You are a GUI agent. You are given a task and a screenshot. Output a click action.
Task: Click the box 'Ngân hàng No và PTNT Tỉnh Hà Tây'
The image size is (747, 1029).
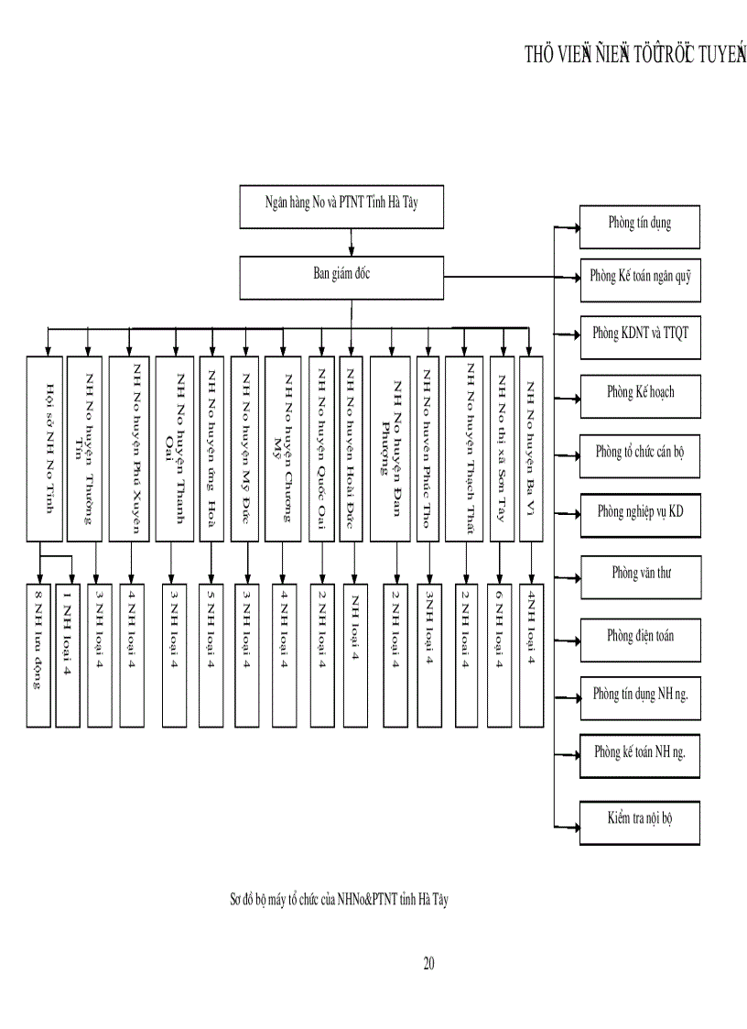pos(341,206)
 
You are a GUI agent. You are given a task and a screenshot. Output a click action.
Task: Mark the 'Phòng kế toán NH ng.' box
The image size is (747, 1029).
pos(639,754)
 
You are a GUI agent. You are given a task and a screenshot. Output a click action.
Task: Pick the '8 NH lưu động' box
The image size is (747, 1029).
pos(38,653)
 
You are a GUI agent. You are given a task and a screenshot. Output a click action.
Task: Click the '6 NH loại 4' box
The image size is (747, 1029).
pos(500,653)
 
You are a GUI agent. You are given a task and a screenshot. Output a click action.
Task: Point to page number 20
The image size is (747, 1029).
pos(428,963)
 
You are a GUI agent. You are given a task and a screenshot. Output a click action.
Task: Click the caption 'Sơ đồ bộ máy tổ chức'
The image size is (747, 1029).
pos(338,900)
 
